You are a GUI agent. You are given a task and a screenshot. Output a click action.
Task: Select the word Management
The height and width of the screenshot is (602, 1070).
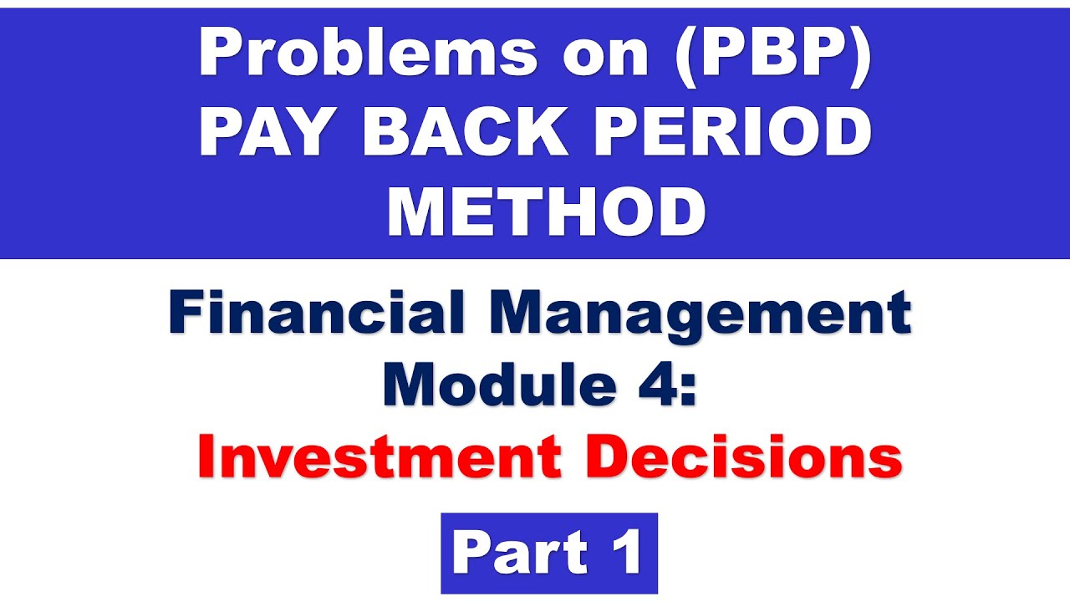[x=686, y=316]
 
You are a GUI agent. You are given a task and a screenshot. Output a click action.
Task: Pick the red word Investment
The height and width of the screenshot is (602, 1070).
[x=379, y=458]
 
